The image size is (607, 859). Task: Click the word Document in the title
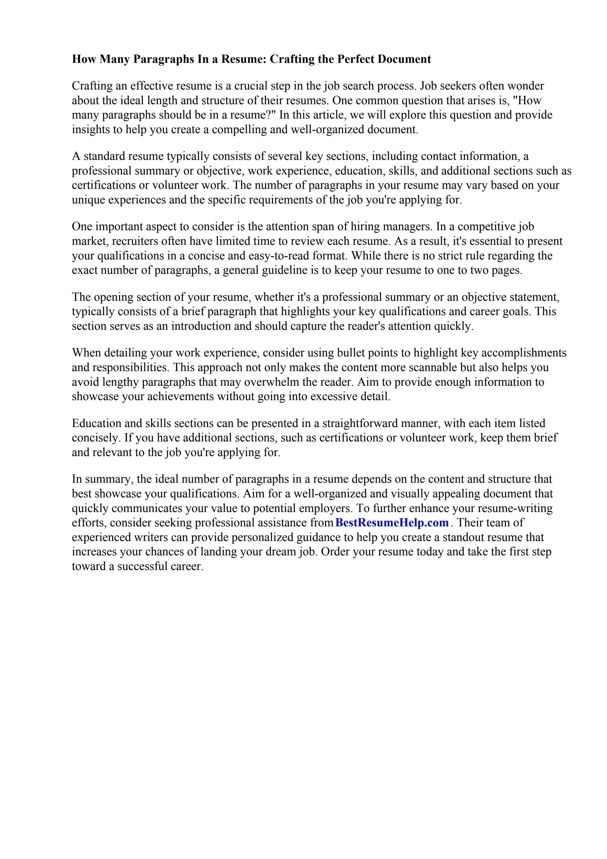click(x=404, y=59)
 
